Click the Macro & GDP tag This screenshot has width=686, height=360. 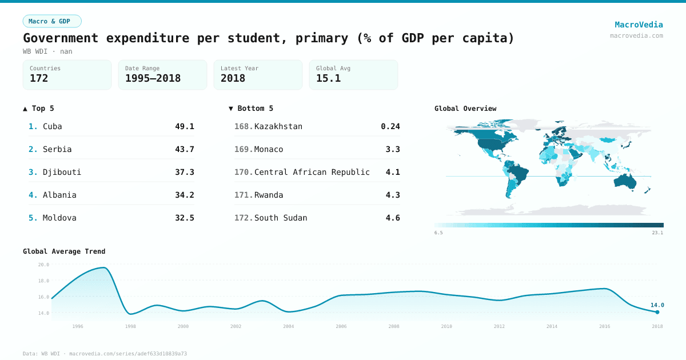pyautogui.click(x=52, y=21)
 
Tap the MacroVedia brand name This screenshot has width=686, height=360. pyautogui.click(x=639, y=25)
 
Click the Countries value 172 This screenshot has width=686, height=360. pyautogui.click(x=39, y=78)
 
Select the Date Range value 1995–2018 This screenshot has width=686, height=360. pyautogui.click(x=153, y=78)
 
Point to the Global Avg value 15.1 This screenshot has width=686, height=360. pyautogui.click(x=328, y=78)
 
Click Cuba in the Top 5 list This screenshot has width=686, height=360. pyautogui.click(x=52, y=126)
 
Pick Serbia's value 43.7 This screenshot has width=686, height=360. pyautogui.click(x=184, y=149)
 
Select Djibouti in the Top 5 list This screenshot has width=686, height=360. pyautogui.click(x=58, y=172)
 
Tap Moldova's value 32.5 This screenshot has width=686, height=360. pyautogui.click(x=184, y=218)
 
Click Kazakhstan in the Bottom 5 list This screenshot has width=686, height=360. pyautogui.click(x=278, y=126)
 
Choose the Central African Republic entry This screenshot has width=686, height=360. pyautogui.click(x=312, y=172)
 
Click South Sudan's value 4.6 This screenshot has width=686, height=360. pyautogui.click(x=392, y=218)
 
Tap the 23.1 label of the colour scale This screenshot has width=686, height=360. pyautogui.click(x=657, y=233)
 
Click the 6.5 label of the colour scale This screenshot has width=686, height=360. pyautogui.click(x=438, y=233)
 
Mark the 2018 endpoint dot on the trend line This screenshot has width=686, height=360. pyautogui.click(x=657, y=312)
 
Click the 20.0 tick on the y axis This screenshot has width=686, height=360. pyautogui.click(x=43, y=265)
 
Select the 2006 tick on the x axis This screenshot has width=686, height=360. pyautogui.click(x=341, y=326)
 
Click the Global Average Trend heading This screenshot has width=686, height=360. pyautogui.click(x=64, y=251)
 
